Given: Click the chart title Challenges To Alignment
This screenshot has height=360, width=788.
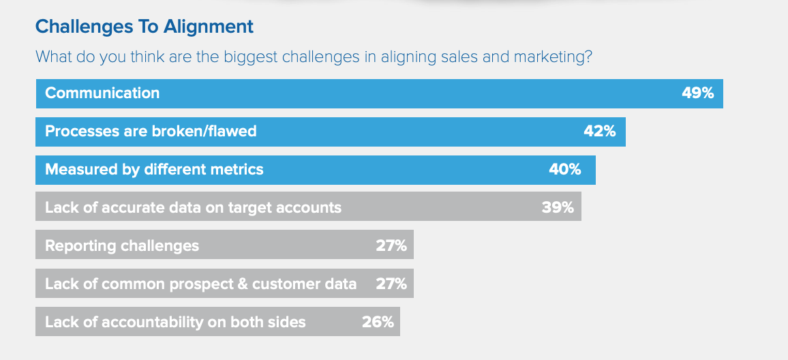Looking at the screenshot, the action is [145, 27].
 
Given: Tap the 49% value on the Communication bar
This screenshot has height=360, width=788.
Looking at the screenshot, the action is [697, 93].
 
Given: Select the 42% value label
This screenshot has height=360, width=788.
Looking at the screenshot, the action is [600, 131].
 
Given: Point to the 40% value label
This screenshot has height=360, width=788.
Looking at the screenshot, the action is [565, 170].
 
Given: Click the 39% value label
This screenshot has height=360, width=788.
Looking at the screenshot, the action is [558, 208].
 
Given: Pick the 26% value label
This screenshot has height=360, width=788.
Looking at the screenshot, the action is [378, 322].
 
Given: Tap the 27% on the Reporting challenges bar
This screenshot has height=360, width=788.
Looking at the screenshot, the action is [391, 246].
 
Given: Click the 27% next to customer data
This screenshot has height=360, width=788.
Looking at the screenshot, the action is [391, 284].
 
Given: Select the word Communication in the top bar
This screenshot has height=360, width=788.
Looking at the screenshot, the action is [102, 93].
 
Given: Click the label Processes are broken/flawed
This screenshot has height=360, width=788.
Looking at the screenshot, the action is [151, 131].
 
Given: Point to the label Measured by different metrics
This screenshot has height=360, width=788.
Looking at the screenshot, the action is [154, 170].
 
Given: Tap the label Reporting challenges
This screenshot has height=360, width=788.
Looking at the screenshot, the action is [122, 246].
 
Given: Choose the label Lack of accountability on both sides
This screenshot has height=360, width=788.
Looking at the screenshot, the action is [175, 322].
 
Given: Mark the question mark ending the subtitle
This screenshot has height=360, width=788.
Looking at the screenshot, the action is [588, 57].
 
